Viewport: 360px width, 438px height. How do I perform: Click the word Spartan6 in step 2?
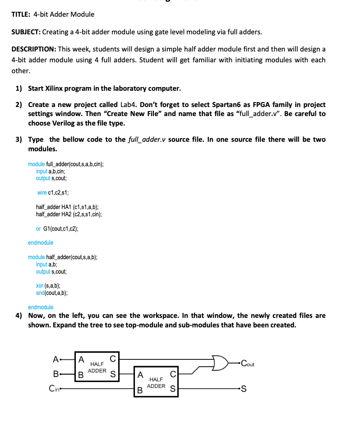(228, 105)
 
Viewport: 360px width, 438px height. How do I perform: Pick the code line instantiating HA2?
(69, 214)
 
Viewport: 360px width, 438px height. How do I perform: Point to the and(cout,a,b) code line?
(52, 293)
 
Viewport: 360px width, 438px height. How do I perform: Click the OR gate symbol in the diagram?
(222, 362)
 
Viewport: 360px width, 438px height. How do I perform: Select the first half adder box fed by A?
(97, 367)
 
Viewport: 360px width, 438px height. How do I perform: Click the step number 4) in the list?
(19, 316)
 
